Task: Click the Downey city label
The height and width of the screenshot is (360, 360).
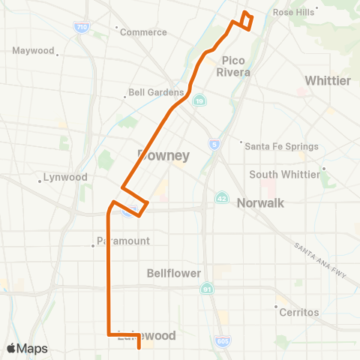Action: (163, 155)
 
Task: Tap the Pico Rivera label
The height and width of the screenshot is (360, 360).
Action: (232, 66)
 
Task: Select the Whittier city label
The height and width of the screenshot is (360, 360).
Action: (328, 80)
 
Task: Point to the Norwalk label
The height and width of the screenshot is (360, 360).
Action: (261, 203)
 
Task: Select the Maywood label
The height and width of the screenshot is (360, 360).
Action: (34, 51)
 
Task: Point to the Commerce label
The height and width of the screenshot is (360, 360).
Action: (143, 32)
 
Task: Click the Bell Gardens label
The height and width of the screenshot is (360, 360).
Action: (156, 94)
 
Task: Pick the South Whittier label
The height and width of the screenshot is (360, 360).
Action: (285, 175)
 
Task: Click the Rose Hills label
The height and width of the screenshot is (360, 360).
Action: (293, 13)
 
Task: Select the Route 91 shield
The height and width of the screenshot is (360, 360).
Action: (207, 288)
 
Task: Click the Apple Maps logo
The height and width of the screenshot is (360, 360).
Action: (27, 348)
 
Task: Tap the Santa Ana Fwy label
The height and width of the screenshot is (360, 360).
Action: (323, 261)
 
